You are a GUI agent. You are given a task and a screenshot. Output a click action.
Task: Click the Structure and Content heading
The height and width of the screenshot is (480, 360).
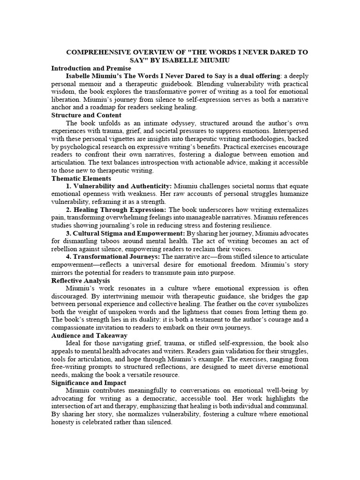86,115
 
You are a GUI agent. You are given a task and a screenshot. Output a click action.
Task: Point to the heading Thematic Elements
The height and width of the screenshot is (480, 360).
81,178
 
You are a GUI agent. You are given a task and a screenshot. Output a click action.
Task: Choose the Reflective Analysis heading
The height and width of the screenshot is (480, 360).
81,280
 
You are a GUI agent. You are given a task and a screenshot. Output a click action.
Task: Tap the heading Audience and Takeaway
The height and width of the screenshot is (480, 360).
89,336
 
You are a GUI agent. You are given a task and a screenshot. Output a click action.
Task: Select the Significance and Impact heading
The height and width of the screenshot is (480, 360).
89,383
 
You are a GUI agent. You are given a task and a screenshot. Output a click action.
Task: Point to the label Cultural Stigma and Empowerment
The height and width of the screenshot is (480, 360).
129,233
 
